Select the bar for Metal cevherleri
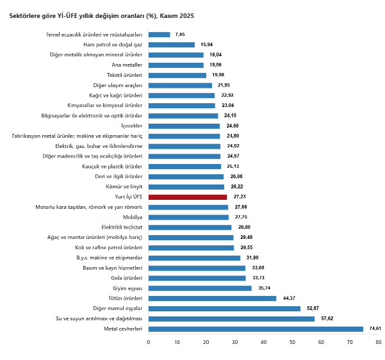(256, 329)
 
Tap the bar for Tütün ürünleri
(212, 298)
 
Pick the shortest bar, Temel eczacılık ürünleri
(159, 35)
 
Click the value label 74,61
(375, 329)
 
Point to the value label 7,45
(180, 35)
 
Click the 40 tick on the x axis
(264, 342)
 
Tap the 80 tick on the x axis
(379, 342)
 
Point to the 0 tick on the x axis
(149, 342)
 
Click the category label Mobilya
(133, 217)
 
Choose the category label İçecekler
(131, 126)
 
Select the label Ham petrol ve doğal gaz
(113, 45)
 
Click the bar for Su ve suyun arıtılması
(231, 318)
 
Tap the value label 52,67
(312, 308)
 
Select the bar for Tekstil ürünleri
(177, 76)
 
